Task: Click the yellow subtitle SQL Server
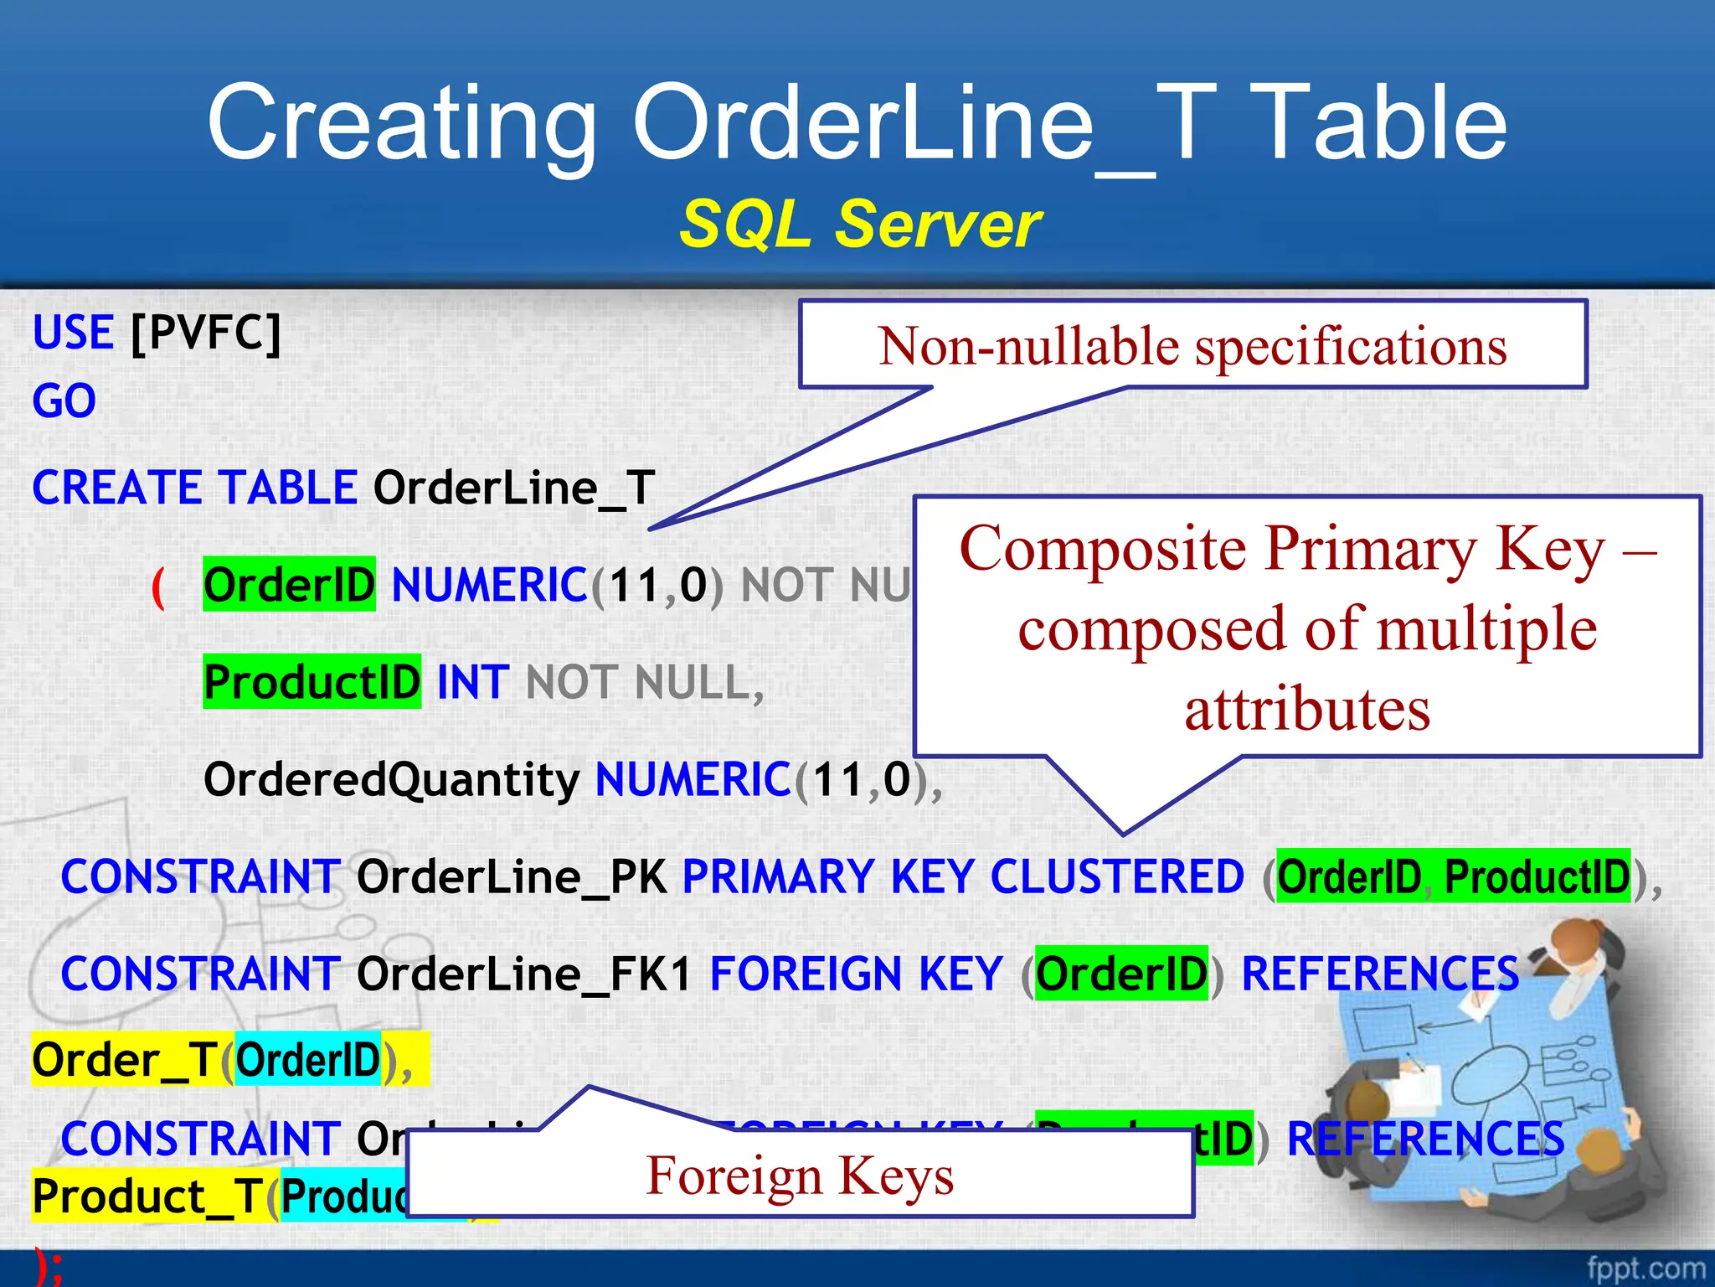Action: pos(859,225)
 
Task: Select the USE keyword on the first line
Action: pos(73,333)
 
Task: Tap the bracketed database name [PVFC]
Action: pos(206,333)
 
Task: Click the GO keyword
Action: pos(64,401)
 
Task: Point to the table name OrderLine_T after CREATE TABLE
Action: pos(513,488)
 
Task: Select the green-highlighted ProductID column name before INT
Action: pos(312,682)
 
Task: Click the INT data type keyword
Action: pos(473,682)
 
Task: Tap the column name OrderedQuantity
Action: pos(391,779)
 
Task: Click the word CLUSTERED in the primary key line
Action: pos(1117,877)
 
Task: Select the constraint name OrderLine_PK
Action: pos(511,877)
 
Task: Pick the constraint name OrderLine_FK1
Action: pos(524,974)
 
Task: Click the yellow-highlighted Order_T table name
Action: pos(126,1061)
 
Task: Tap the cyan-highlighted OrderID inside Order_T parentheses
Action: pos(307,1061)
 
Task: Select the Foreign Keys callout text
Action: pos(800,1175)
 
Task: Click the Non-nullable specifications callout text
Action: pos(1192,346)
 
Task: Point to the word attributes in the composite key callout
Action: pos(1306,710)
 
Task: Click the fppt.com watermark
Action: pos(1645,1268)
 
